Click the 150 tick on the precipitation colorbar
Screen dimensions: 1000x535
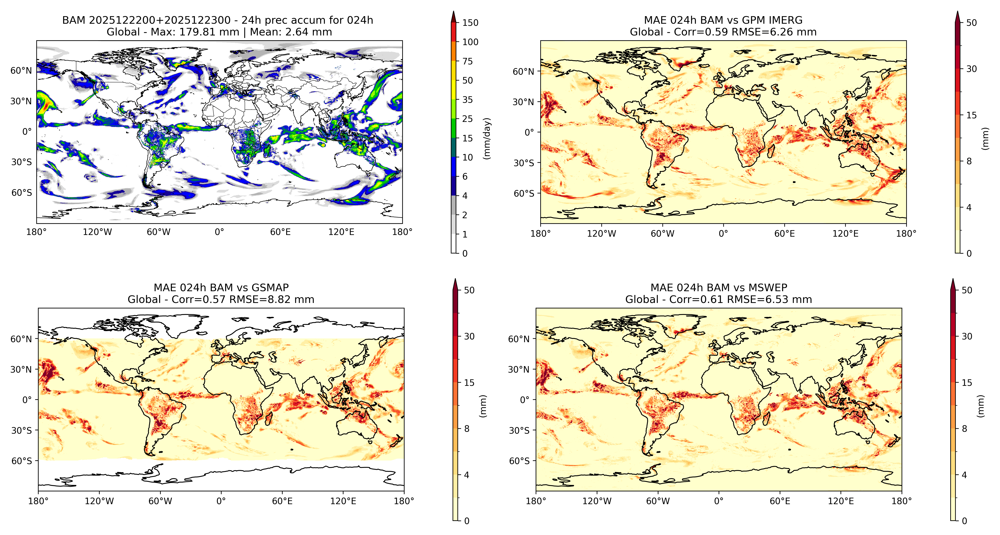tap(470, 22)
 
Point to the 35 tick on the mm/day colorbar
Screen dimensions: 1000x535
tap(467, 100)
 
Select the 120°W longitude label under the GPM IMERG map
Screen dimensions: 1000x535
tap(601, 234)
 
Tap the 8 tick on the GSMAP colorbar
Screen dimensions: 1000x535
tap(467, 429)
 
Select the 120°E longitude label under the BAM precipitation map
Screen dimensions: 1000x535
tap(341, 232)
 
